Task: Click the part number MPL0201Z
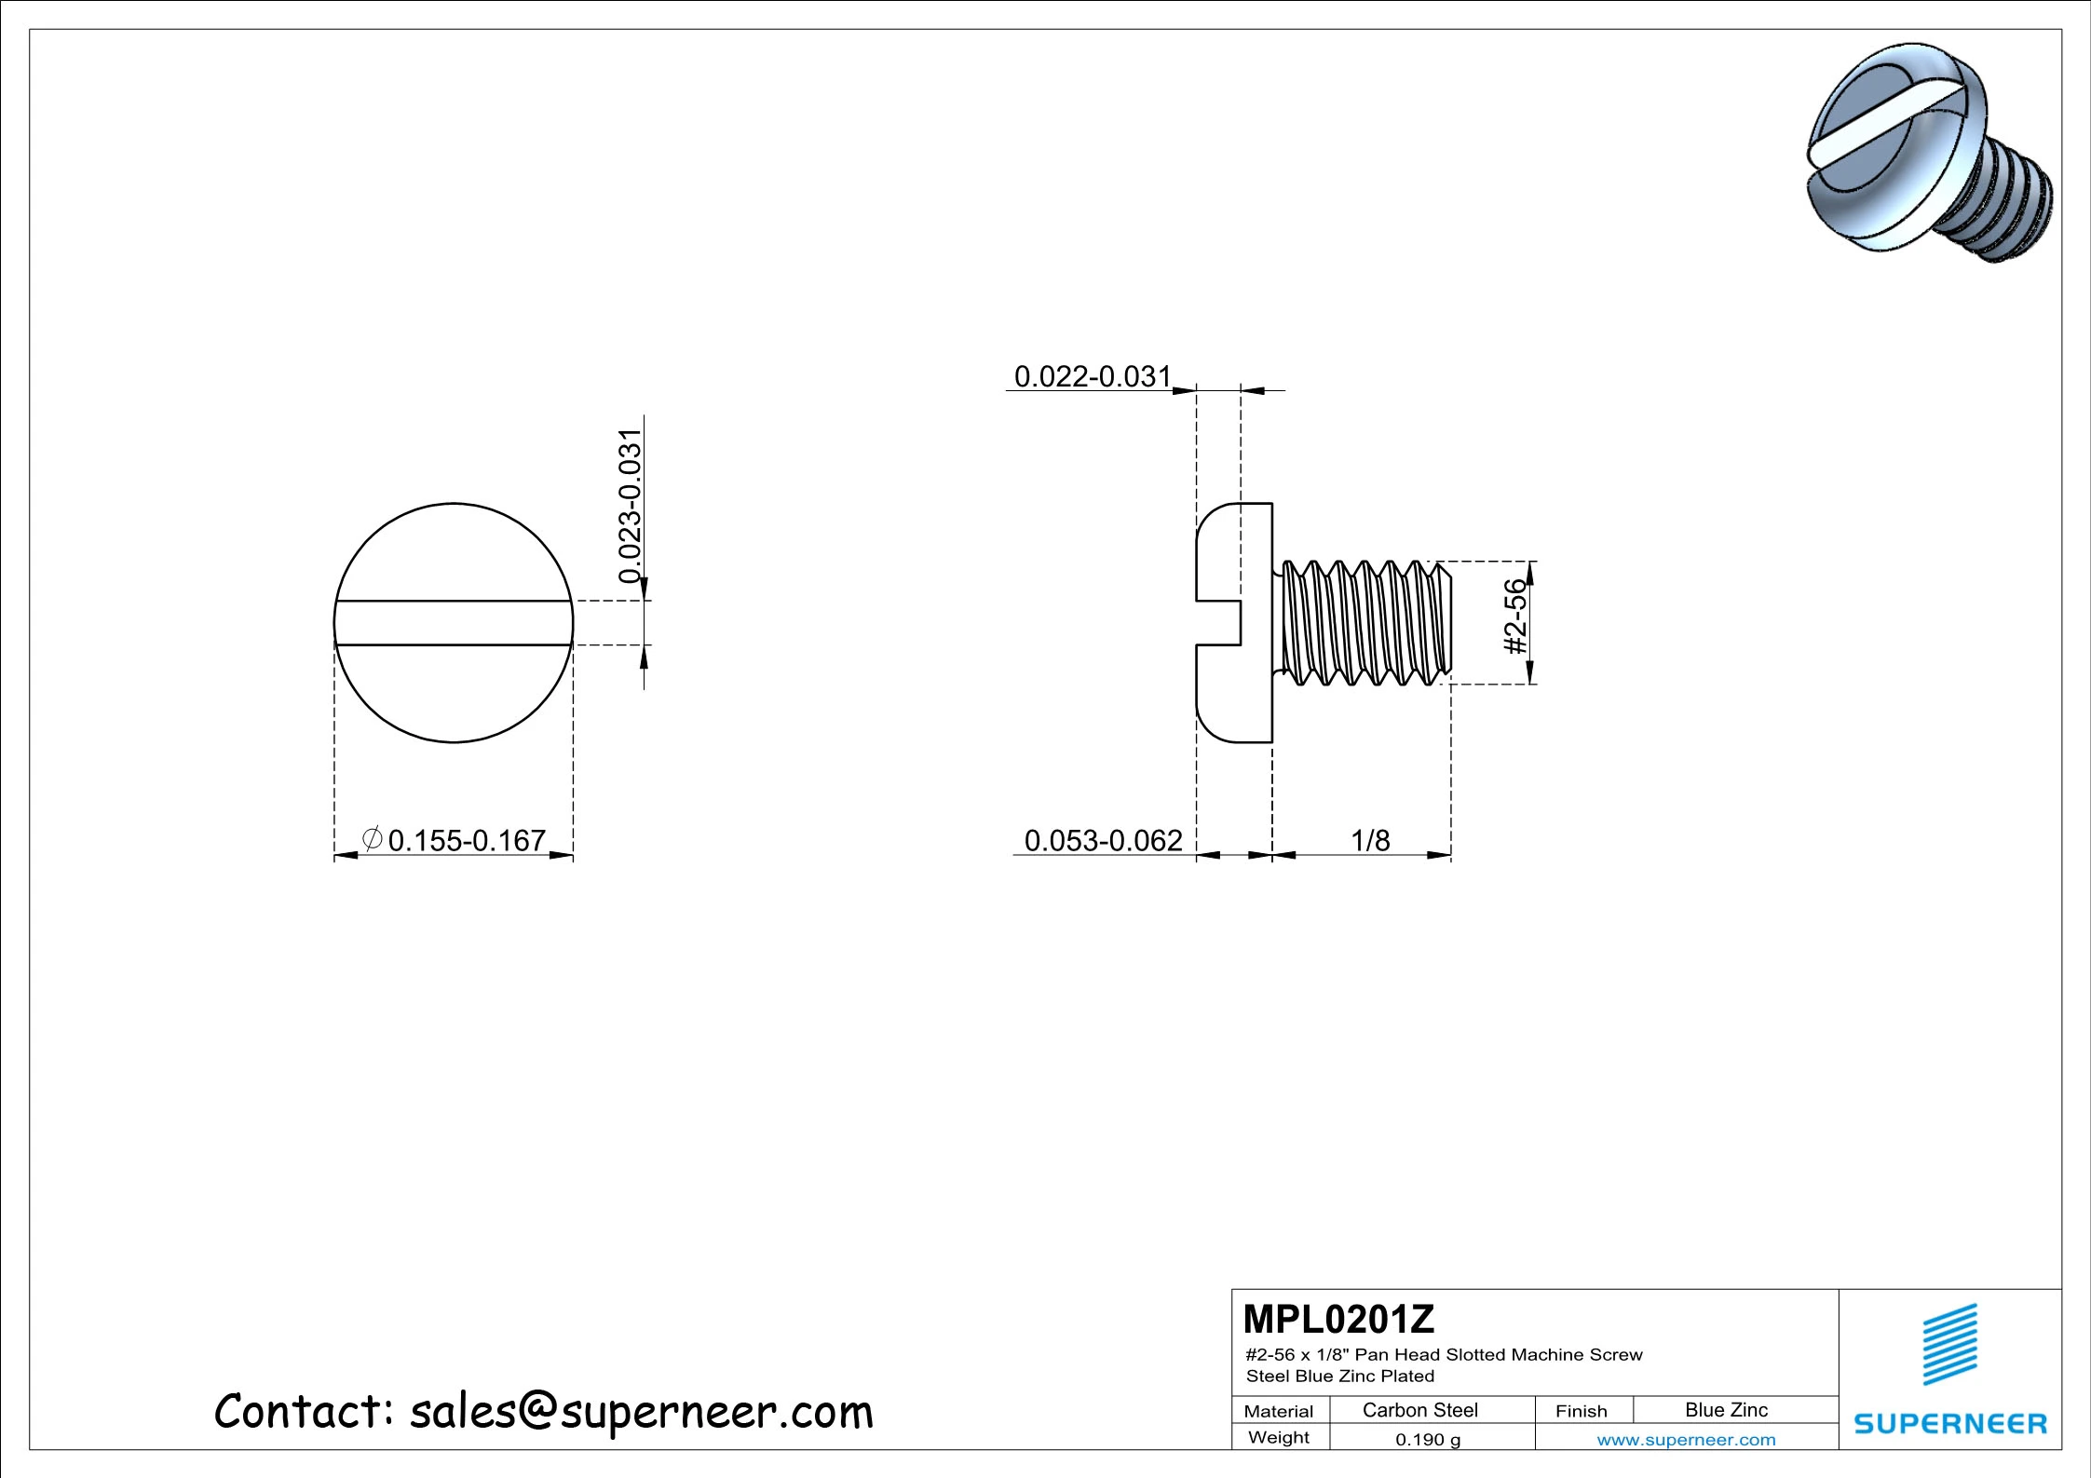pyautogui.click(x=1338, y=1320)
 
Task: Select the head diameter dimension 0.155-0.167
pyautogui.click(x=466, y=841)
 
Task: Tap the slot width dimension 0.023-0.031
pyautogui.click(x=631, y=506)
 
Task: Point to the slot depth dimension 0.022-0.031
pyautogui.click(x=1092, y=377)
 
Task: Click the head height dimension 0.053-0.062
pyautogui.click(x=1103, y=841)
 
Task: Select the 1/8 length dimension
pyautogui.click(x=1370, y=841)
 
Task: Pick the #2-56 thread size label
pyautogui.click(x=1516, y=617)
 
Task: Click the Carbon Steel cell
pyautogui.click(x=1419, y=1410)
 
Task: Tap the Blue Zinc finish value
pyautogui.click(x=1726, y=1410)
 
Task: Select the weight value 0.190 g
pyautogui.click(x=1427, y=1440)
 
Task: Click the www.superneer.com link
pyautogui.click(x=1686, y=1440)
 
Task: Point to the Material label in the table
pyautogui.click(x=1278, y=1411)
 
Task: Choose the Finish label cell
pyautogui.click(x=1581, y=1411)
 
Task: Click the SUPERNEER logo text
pyautogui.click(x=1950, y=1424)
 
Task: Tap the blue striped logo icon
pyautogui.click(x=1950, y=1344)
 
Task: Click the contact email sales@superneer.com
pyautogui.click(x=641, y=1412)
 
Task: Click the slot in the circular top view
pyautogui.click(x=454, y=623)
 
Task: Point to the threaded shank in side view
pyautogui.click(x=1365, y=622)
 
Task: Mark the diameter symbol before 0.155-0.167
pyautogui.click(x=371, y=839)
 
